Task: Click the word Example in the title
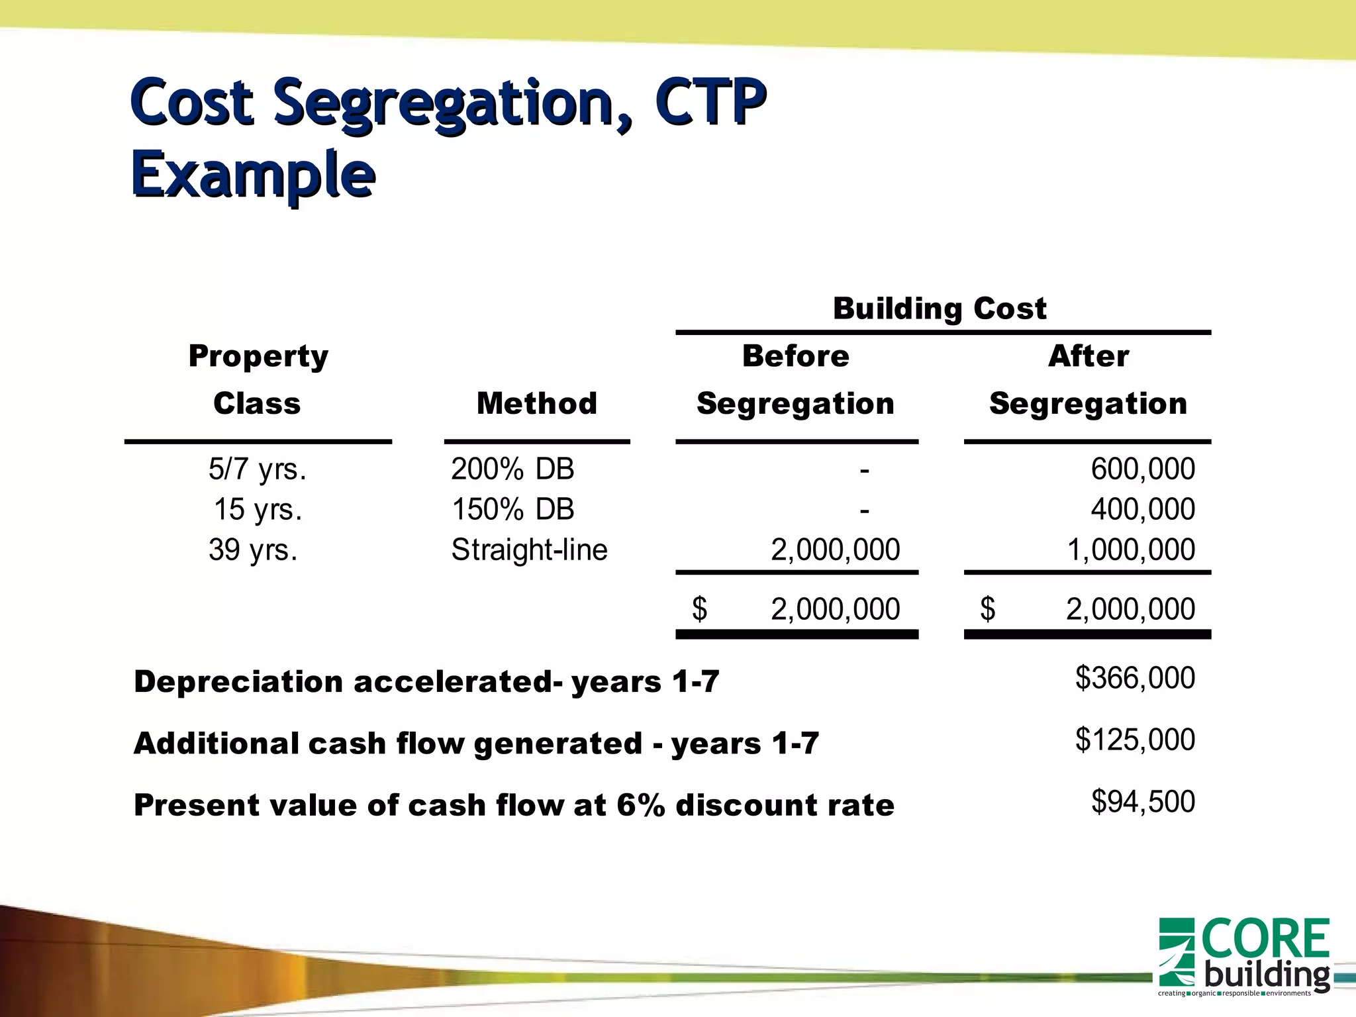(253, 174)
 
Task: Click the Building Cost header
(940, 309)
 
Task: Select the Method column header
(536, 403)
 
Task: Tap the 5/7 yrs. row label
(258, 469)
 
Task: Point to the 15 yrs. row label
(258, 510)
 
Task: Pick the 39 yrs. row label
(253, 550)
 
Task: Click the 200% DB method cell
(512, 469)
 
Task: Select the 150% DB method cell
(512, 510)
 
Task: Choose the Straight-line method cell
(529, 550)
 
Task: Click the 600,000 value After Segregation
(1143, 469)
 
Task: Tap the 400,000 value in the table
(1143, 510)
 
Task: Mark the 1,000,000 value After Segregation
(1131, 550)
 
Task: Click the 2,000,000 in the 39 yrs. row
(835, 550)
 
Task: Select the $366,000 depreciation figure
(1135, 678)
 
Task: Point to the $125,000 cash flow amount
(1135, 740)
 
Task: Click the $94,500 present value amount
(1143, 802)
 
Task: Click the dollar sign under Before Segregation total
(699, 608)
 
